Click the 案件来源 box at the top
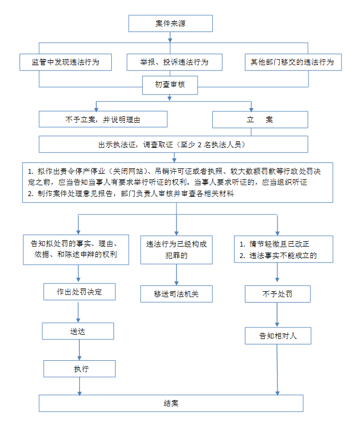(x=170, y=23)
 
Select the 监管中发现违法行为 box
(x=66, y=62)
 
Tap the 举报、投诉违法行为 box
(x=174, y=62)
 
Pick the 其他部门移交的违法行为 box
(x=293, y=62)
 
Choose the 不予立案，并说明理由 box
(x=103, y=120)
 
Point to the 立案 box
(x=260, y=120)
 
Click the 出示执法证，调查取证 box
(x=173, y=145)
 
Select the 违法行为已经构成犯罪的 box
(x=176, y=250)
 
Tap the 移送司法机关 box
(x=176, y=294)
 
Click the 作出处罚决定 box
(x=79, y=292)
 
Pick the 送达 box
(x=78, y=331)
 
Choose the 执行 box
(x=79, y=369)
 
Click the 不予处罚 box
(x=277, y=294)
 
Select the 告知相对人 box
(x=278, y=336)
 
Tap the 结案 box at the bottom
(x=171, y=403)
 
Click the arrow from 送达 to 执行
(x=79, y=350)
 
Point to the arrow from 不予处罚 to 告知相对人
(x=277, y=315)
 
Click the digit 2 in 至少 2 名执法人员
(x=199, y=145)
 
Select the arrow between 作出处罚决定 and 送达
(x=78, y=311)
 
